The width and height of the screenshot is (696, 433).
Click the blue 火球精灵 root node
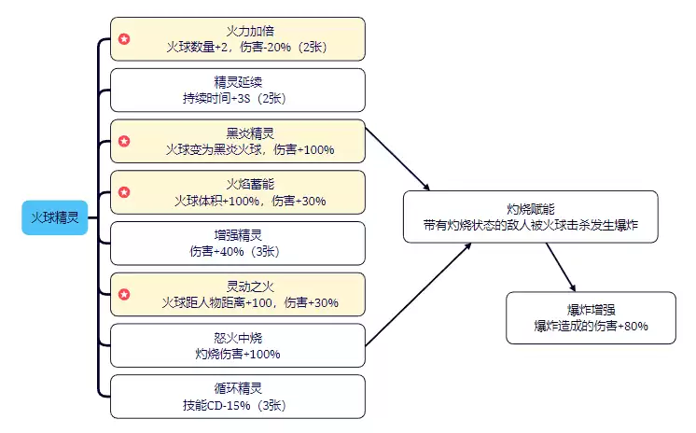(54, 216)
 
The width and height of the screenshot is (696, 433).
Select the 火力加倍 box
(238, 38)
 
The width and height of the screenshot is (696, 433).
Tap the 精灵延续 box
(238, 90)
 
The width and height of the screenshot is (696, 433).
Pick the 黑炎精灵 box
(238, 141)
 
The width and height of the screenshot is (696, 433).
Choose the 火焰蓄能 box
(238, 191)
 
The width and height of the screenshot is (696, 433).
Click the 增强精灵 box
(238, 243)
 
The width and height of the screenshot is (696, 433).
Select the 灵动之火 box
(238, 294)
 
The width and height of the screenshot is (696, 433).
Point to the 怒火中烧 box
(238, 345)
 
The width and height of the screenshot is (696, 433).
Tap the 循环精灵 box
(238, 397)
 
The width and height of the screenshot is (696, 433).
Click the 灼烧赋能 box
(530, 217)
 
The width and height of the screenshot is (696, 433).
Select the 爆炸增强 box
(591, 318)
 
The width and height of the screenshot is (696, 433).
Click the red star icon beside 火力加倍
(124, 39)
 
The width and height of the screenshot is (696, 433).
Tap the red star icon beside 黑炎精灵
(124, 142)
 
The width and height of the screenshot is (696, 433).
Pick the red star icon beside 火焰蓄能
(124, 192)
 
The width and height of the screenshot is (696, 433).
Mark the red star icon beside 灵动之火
(124, 295)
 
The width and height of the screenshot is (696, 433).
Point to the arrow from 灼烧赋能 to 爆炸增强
(562, 265)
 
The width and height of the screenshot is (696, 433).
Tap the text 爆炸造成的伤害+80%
(591, 326)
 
